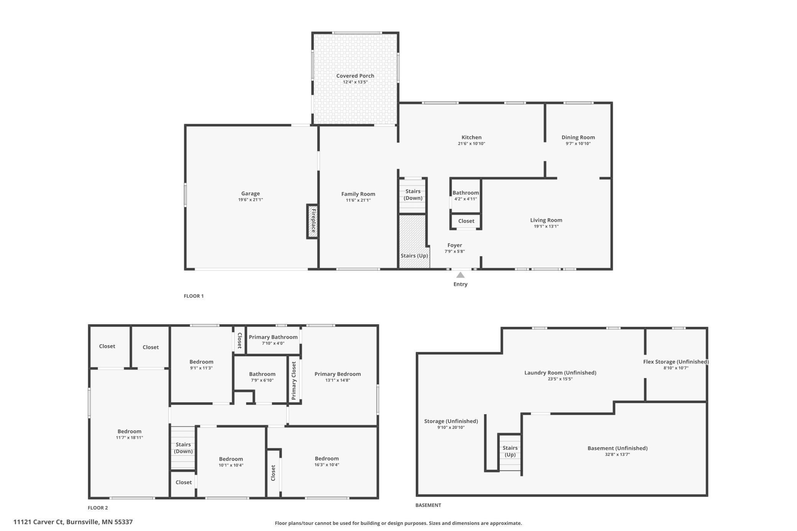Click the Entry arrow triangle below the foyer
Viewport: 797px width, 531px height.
[460, 275]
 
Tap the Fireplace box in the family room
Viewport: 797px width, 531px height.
[313, 221]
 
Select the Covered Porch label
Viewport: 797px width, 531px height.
[355, 76]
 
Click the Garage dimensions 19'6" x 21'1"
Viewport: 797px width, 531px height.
[250, 200]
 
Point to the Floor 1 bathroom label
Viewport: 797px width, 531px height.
[466, 193]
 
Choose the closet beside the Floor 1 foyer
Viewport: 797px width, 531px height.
[466, 221]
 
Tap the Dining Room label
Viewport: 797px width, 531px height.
[578, 137]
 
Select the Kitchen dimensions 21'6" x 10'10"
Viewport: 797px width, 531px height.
[471, 144]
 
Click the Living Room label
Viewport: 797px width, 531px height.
[546, 220]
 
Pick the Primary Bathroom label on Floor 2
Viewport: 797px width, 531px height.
[273, 337]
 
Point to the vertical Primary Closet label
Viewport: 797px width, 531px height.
[294, 381]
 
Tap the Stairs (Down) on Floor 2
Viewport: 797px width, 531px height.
[183, 447]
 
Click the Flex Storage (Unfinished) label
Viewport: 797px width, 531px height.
[676, 362]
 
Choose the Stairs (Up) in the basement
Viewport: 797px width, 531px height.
[510, 451]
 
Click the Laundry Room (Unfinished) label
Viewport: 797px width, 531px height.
[560, 372]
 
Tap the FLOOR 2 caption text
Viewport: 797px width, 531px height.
[98, 508]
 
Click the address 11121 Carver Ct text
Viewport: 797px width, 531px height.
[38, 522]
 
